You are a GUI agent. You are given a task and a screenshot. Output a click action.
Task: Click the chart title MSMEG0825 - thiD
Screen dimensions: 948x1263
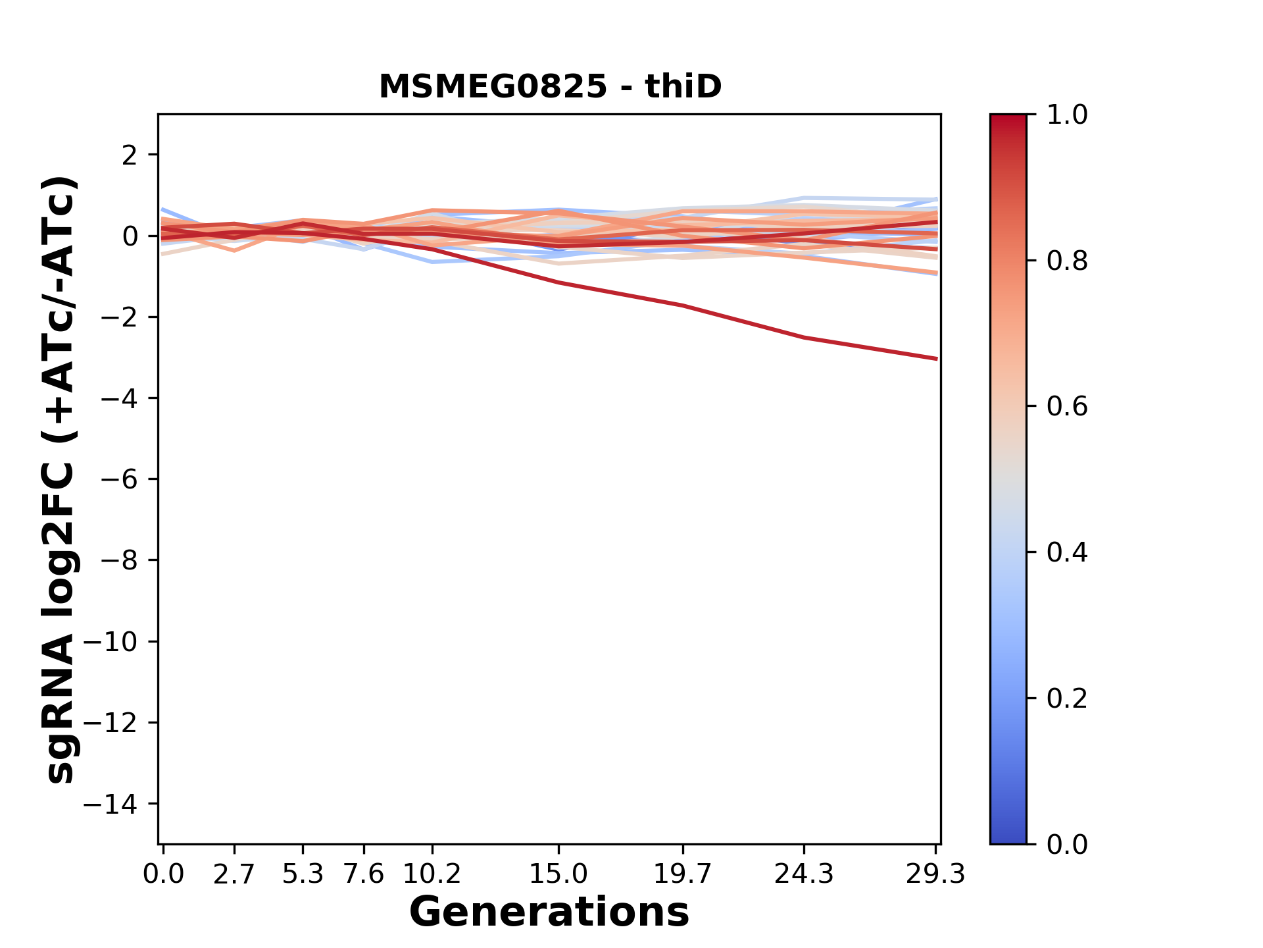pyautogui.click(x=550, y=87)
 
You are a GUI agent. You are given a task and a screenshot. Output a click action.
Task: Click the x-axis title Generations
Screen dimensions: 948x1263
pyautogui.click(x=549, y=912)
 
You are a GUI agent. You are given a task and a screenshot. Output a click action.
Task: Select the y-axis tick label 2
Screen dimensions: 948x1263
pyautogui.click(x=130, y=155)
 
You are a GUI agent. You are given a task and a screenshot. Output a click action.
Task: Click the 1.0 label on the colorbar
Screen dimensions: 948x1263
pyautogui.click(x=1067, y=115)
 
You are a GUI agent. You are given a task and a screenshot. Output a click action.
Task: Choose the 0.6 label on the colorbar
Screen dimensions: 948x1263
pyautogui.click(x=1067, y=407)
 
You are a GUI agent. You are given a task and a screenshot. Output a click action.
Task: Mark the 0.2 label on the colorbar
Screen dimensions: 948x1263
pyautogui.click(x=1067, y=698)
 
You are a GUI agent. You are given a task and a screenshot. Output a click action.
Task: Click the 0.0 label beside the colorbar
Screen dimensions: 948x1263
pyautogui.click(x=1067, y=844)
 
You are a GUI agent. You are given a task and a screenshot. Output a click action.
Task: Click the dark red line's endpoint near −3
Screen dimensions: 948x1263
pyautogui.click(x=936, y=359)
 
